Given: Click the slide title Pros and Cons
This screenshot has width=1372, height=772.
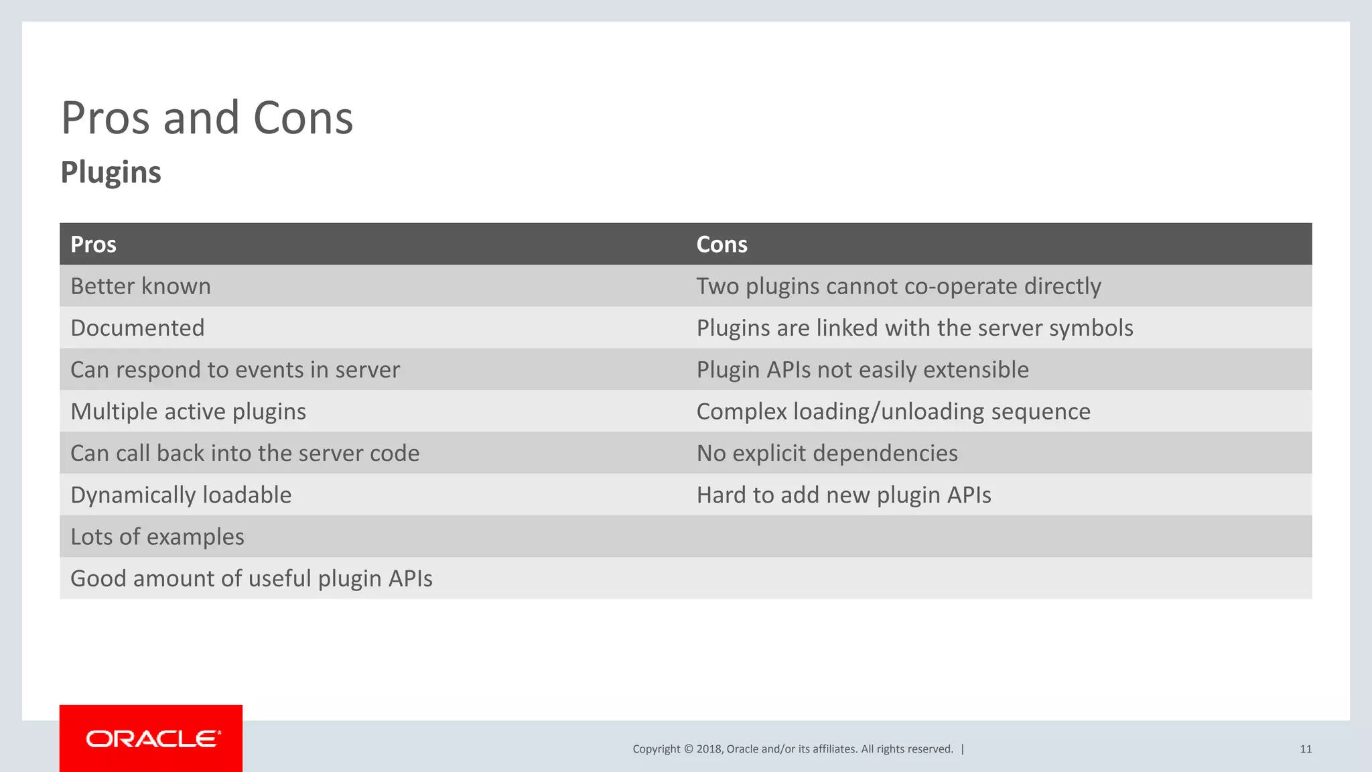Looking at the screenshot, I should coord(207,118).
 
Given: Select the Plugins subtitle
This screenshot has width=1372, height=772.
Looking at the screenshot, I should coord(111,172).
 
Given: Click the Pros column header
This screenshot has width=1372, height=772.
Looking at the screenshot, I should coord(93,245).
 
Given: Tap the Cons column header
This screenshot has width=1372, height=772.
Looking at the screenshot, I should coord(722,245).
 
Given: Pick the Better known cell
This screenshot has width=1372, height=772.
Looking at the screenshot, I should coord(141,286).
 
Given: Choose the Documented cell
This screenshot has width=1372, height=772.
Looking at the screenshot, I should coord(137,328).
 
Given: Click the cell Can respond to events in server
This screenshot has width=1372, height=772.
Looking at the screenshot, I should coord(235,370).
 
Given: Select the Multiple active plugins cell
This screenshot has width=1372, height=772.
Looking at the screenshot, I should coord(188,411).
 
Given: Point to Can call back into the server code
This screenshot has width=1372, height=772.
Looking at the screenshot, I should coord(245,453).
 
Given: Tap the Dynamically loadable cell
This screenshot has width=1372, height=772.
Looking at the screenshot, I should coord(181,495).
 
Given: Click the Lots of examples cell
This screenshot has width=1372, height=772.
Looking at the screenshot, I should coord(157,537).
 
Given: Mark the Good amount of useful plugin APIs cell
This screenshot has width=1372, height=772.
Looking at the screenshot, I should coord(251,578).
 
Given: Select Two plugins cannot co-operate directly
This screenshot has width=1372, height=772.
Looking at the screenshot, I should coord(898,286).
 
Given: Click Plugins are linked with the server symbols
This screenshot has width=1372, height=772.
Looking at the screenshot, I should coord(914,328).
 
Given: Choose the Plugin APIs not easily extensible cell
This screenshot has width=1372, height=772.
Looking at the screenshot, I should coord(862,370).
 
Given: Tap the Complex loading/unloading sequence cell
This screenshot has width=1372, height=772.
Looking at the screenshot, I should coord(893,411).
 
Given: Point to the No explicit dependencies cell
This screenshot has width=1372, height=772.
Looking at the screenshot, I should coord(827,453).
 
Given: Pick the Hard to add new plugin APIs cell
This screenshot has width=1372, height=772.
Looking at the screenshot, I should coord(843,495).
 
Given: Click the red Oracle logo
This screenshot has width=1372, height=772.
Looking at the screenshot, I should coord(151,738).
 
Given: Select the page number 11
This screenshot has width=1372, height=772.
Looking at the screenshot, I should coord(1306,749).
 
